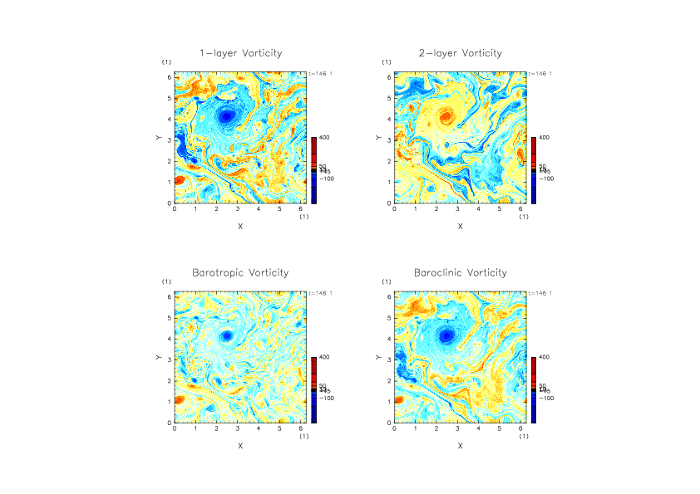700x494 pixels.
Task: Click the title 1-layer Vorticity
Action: [x=240, y=53]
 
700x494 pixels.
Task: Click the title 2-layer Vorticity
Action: [x=460, y=53]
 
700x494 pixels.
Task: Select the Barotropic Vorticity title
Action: [x=240, y=272]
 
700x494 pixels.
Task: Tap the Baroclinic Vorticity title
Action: [x=460, y=272]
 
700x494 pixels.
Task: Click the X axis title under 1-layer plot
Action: [x=240, y=226]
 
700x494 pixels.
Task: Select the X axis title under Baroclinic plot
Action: [x=460, y=446]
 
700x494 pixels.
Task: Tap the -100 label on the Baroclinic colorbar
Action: [x=545, y=399]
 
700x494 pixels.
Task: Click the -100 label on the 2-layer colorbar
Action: [x=545, y=179]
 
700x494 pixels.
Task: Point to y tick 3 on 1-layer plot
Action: [x=169, y=139]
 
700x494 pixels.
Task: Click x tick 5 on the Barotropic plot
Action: [x=279, y=428]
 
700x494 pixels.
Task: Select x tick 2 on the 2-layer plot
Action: [x=436, y=209]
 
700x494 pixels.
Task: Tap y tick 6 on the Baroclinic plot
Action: [x=388, y=296]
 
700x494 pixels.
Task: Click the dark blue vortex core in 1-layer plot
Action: [x=226, y=116]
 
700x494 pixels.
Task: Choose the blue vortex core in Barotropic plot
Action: [x=226, y=336]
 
